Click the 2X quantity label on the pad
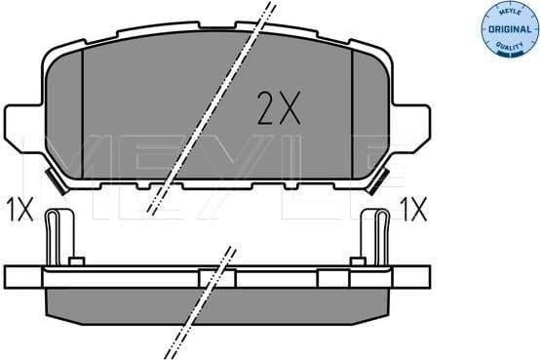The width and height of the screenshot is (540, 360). (x=277, y=106)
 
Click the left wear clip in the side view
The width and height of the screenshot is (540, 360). (x=58, y=238)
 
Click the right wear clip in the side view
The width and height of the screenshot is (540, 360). (x=376, y=238)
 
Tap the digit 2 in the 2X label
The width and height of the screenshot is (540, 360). (x=265, y=106)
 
